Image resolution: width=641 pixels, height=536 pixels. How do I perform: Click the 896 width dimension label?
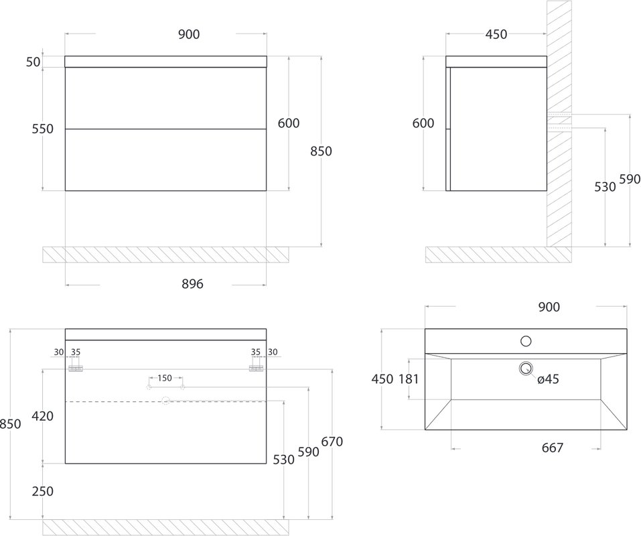(192, 283)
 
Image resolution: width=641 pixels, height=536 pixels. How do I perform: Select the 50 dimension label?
(33, 62)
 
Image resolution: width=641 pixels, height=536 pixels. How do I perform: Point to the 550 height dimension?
(43, 129)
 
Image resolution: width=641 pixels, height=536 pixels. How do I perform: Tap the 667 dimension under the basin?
(553, 448)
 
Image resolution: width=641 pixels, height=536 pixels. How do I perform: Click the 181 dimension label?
(409, 379)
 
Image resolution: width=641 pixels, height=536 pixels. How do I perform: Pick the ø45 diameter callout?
(548, 379)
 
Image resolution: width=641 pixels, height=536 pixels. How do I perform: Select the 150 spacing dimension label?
(165, 378)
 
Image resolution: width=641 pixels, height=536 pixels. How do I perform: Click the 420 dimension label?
(43, 416)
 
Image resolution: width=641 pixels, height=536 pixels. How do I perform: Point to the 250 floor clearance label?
(43, 491)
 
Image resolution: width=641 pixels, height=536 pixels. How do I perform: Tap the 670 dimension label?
(332, 442)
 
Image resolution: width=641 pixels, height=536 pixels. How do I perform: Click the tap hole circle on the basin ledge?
(526, 341)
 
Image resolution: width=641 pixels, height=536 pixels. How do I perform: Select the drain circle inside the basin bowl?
(526, 368)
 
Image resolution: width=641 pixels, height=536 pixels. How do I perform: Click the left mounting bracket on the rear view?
(76, 368)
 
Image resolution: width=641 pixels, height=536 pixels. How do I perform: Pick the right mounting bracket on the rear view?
(256, 368)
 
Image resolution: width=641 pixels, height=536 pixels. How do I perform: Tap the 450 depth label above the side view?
(496, 34)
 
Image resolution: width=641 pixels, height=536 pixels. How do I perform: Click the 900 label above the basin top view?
(549, 307)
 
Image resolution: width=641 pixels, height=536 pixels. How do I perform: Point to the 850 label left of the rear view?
(10, 423)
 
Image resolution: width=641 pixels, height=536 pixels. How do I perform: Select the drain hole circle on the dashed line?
(165, 401)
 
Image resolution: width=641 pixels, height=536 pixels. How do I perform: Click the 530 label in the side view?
(605, 187)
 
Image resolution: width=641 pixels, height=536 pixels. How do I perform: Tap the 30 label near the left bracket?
(59, 352)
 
